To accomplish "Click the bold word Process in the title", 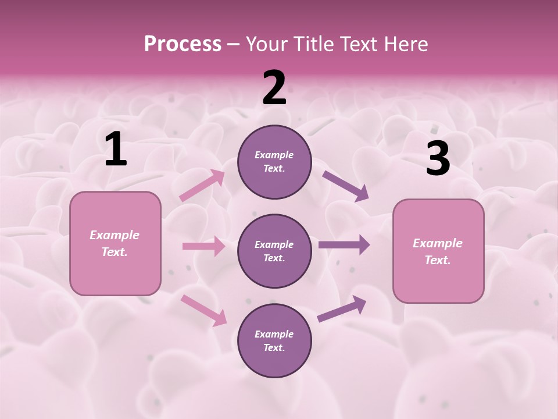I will pyautogui.click(x=183, y=44).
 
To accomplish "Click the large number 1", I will pyautogui.click(x=116, y=150).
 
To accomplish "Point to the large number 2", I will pyautogui.click(x=274, y=88).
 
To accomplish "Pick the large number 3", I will pyautogui.click(x=438, y=158).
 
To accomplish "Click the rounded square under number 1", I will pyautogui.click(x=115, y=243).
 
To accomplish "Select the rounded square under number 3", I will pyautogui.click(x=438, y=251).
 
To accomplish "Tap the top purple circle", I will pyautogui.click(x=274, y=162).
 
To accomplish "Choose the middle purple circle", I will pyautogui.click(x=274, y=251).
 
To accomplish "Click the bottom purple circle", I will pyautogui.click(x=274, y=340).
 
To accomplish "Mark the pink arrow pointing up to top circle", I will pyautogui.click(x=202, y=186).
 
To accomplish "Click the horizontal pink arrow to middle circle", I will pyautogui.click(x=203, y=246).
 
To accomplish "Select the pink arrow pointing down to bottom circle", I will pyautogui.click(x=203, y=310).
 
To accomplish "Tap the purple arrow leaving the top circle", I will pyautogui.click(x=345, y=186).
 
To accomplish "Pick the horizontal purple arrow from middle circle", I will pyautogui.click(x=344, y=245).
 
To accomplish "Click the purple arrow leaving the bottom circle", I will pyautogui.click(x=342, y=309).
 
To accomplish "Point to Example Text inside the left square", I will pyautogui.click(x=115, y=243).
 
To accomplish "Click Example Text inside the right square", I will pyautogui.click(x=438, y=251).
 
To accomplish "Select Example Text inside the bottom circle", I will pyautogui.click(x=274, y=340).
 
